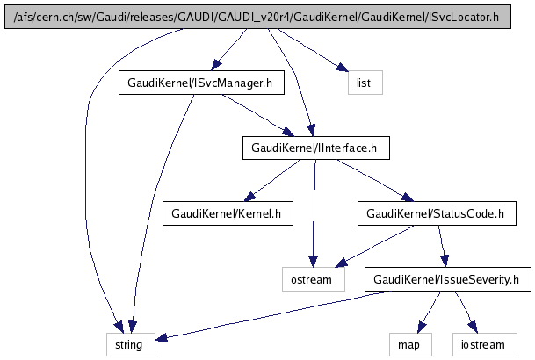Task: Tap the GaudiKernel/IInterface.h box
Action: coord(314,148)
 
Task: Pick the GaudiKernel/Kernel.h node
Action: coord(227,213)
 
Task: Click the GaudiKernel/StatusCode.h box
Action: coord(435,213)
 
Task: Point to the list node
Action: coord(360,83)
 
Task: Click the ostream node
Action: coord(312,280)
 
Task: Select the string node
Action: coord(131,345)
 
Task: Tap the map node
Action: coord(408,345)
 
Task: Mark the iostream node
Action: coord(478,345)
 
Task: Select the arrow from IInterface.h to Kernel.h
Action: coord(272,181)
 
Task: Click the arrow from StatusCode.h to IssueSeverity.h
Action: coord(442,247)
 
